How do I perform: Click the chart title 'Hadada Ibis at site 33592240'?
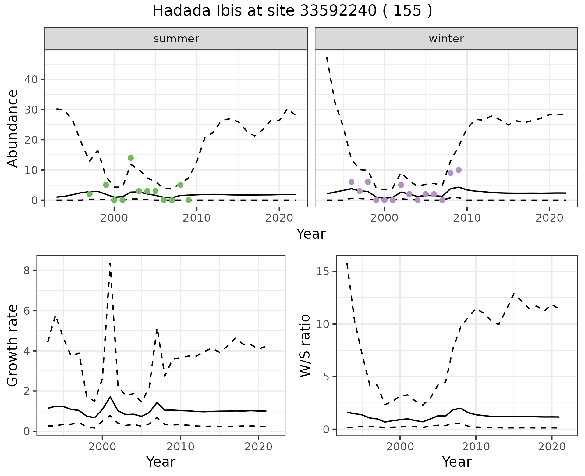coord(292,11)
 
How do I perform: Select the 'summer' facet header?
coord(176,39)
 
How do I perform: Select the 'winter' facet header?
coord(446,39)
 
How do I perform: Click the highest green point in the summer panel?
coord(131,158)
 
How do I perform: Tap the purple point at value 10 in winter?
coord(459,170)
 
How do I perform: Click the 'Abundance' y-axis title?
coord(13,128)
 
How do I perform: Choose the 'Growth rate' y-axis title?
coord(13,346)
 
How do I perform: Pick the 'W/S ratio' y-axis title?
coord(305,346)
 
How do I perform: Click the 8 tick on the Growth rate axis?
coord(27,270)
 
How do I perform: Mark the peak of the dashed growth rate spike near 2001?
coord(110,263)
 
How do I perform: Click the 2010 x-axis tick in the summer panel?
coord(197,218)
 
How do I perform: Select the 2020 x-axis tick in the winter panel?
coord(549,218)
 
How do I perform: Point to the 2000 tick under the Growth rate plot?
coord(102,447)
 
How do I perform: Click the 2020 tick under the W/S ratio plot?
coord(552,447)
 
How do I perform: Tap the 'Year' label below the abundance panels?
coord(311,234)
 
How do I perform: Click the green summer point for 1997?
coord(90,194)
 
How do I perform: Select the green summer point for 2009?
coord(189,200)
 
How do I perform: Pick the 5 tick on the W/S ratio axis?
coord(326,377)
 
